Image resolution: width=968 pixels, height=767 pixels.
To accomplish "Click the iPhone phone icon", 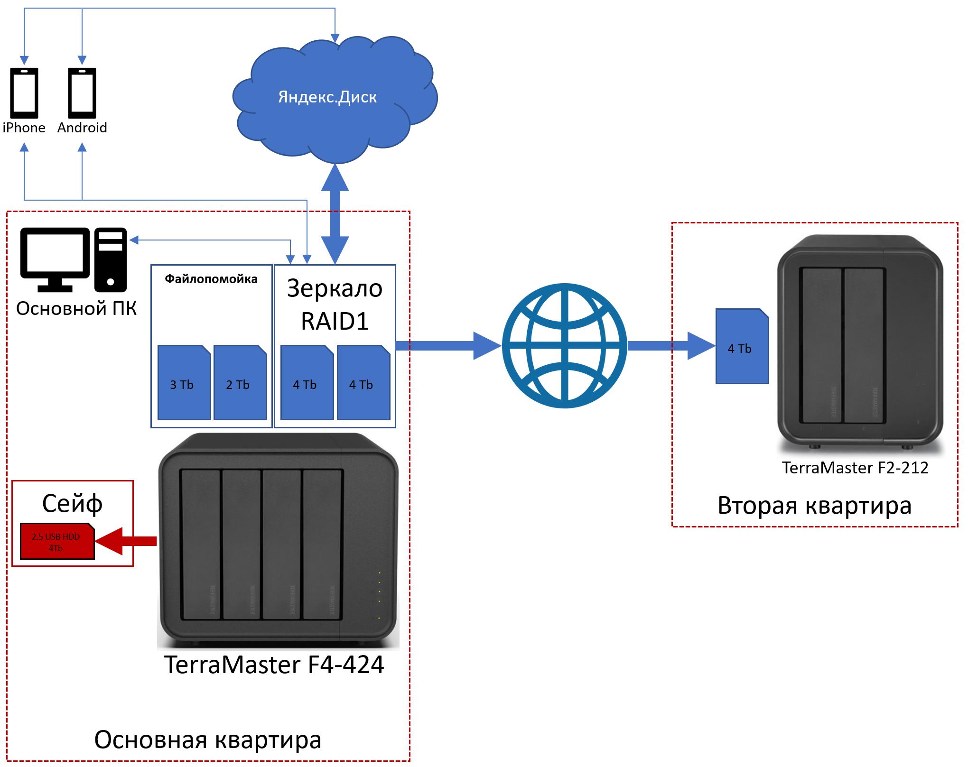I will [x=24, y=93].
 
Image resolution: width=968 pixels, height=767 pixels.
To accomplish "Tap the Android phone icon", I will [x=82, y=93].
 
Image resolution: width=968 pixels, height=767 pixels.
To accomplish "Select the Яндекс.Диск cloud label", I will [x=327, y=97].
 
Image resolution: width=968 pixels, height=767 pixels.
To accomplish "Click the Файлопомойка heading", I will [x=211, y=279].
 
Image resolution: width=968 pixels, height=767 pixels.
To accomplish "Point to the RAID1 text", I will [x=335, y=321].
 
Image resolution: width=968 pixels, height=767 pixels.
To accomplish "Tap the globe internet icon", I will [x=565, y=346].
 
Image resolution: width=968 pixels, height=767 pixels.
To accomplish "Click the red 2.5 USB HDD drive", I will [x=57, y=542].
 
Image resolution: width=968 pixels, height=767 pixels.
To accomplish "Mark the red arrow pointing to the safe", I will [x=126, y=541].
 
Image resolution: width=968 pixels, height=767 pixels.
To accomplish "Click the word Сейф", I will [x=72, y=504].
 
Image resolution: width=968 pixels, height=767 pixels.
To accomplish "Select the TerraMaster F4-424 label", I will [x=274, y=665].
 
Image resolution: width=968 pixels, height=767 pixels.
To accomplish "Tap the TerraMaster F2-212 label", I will [x=855, y=468].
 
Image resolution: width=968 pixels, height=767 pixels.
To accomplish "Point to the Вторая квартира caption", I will [x=814, y=505].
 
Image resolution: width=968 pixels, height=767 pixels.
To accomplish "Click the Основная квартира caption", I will [x=208, y=739].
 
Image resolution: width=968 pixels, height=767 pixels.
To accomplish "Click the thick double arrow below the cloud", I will [x=335, y=213].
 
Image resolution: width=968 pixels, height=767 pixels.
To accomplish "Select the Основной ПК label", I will [x=76, y=309].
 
